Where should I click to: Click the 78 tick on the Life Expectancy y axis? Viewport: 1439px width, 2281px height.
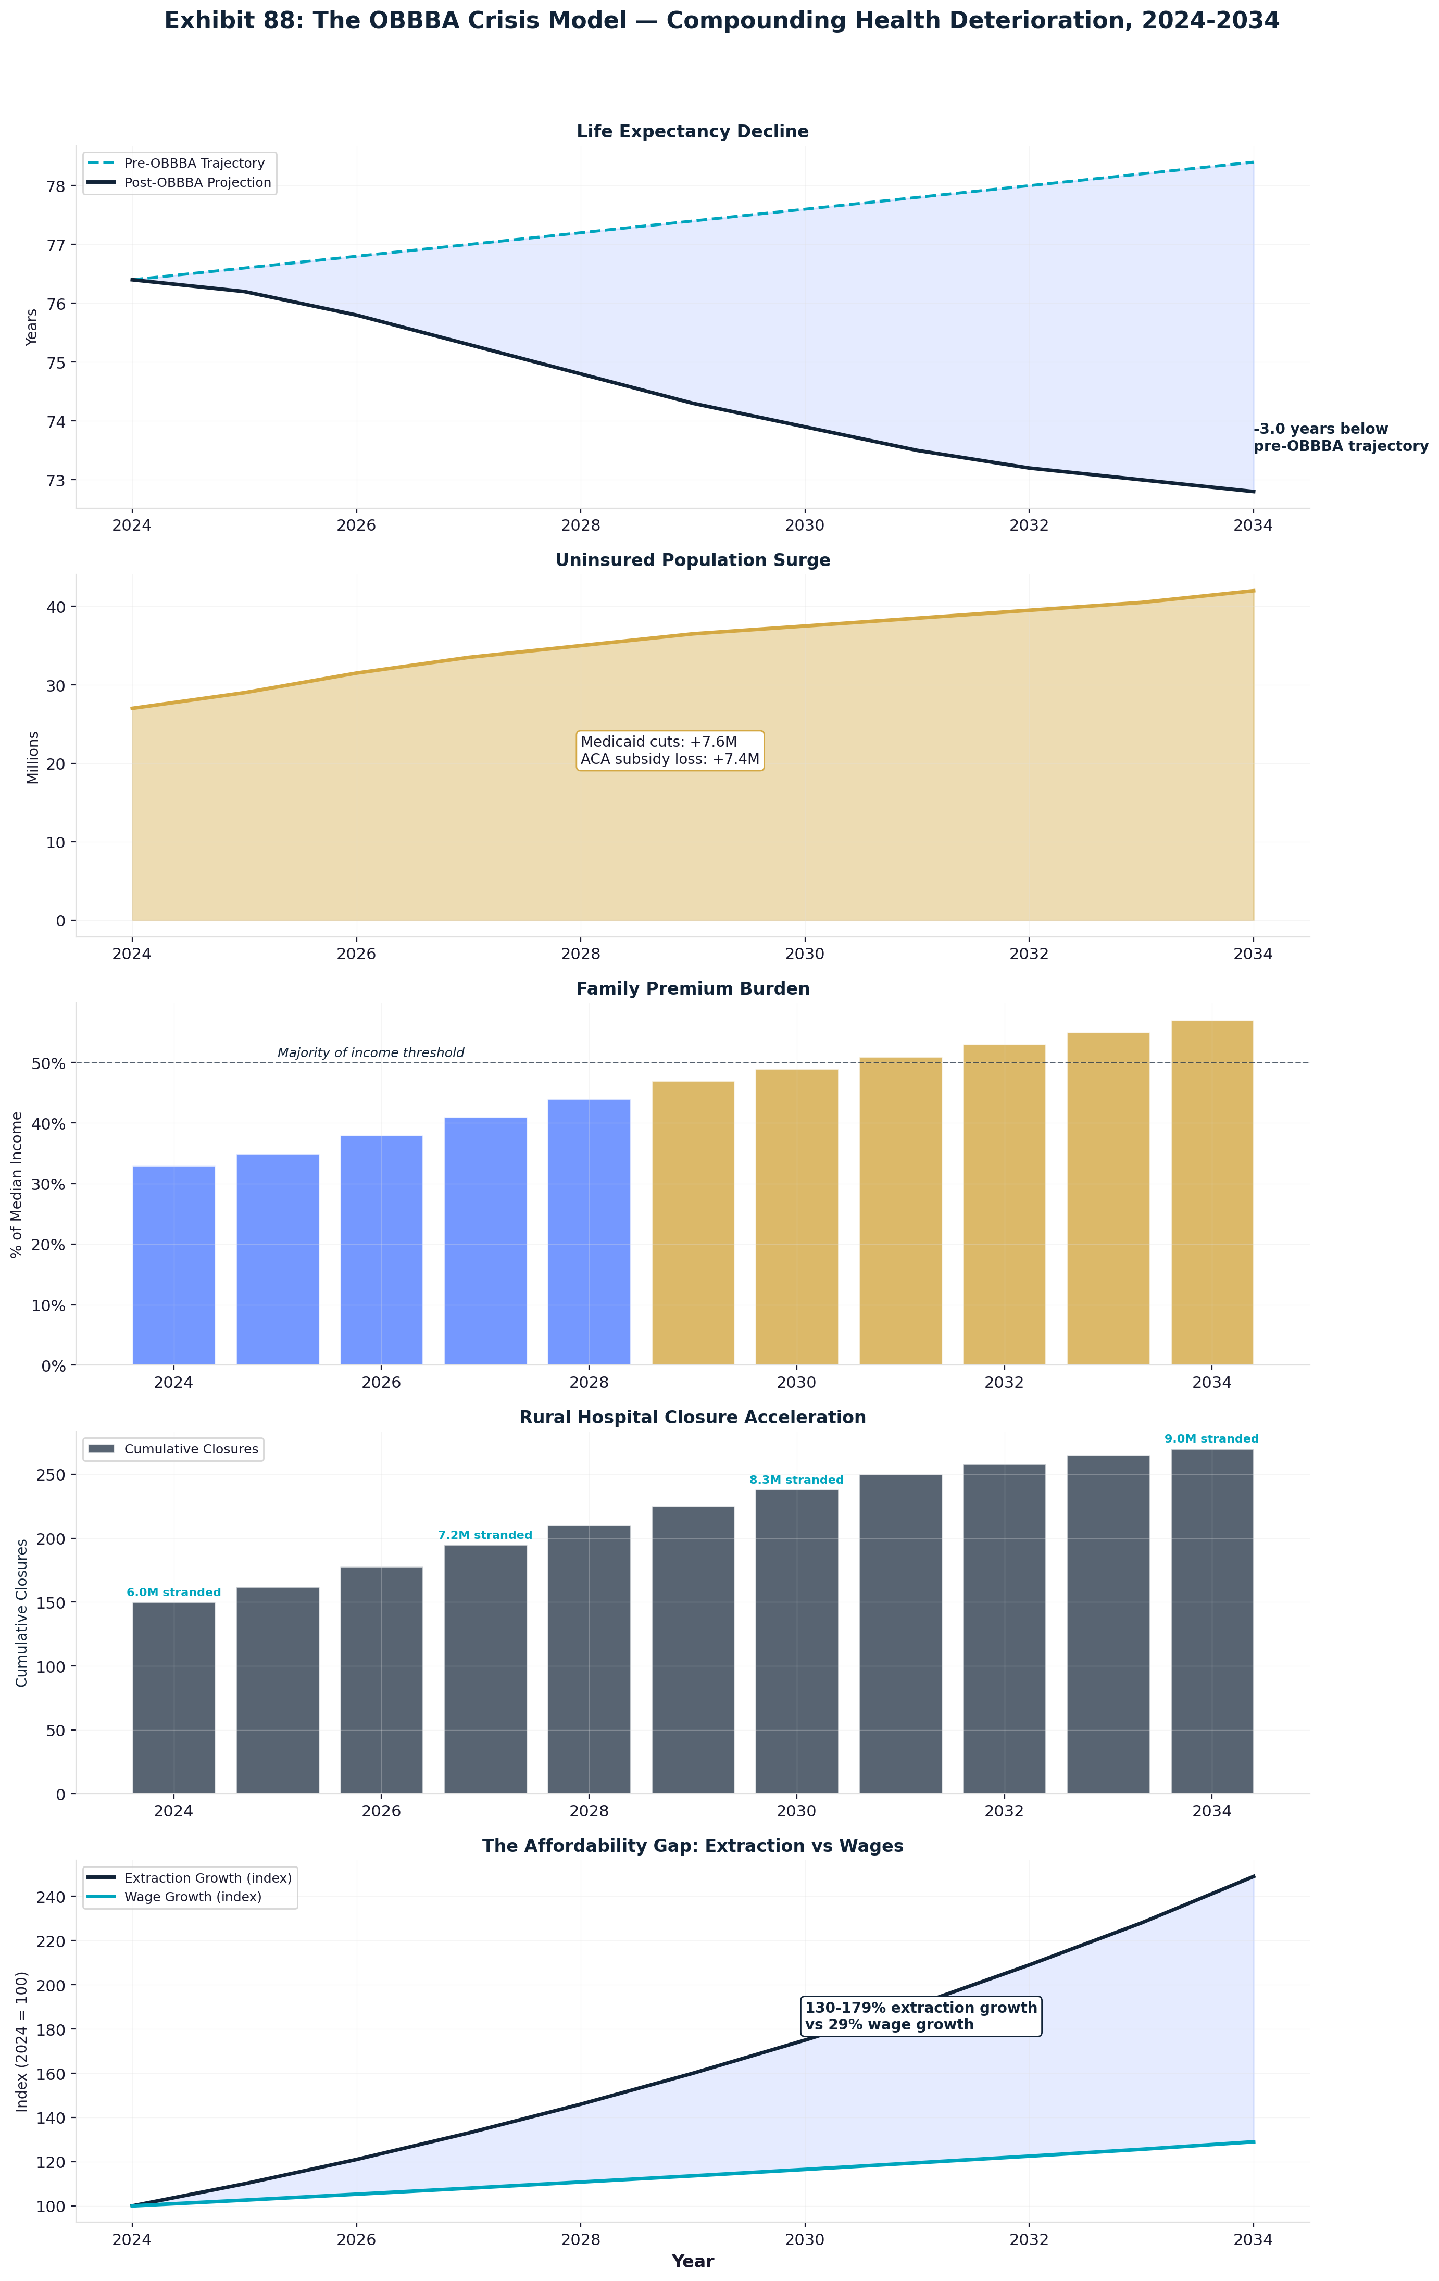55,186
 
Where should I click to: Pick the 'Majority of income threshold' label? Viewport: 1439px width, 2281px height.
370,1052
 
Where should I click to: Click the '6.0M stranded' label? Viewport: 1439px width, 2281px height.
173,1593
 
